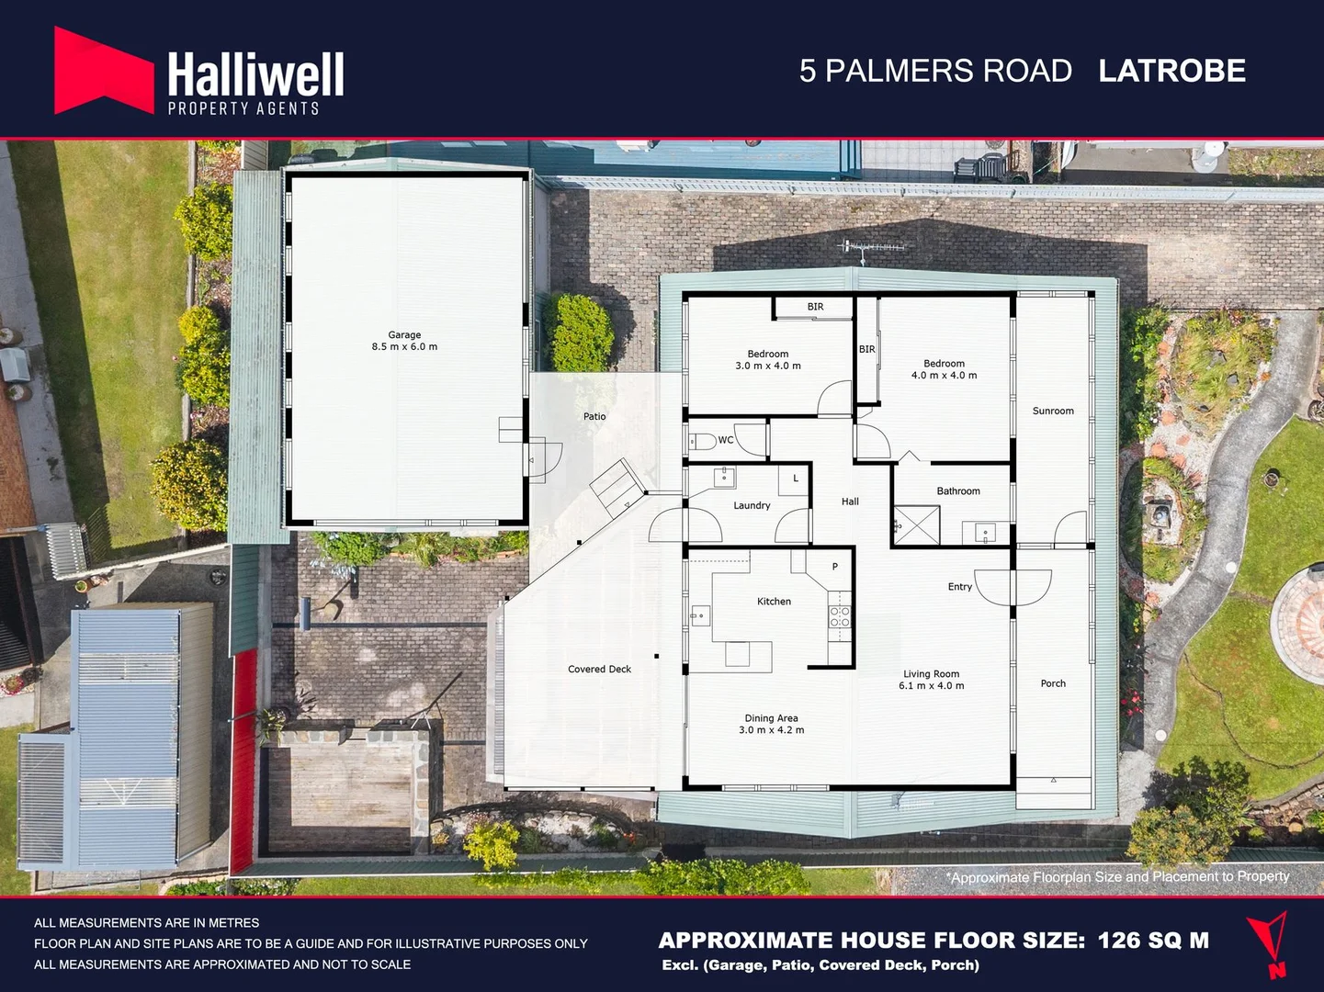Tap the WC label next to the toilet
click(726, 440)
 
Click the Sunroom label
click(1053, 411)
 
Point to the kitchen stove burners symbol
click(840, 616)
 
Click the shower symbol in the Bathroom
click(917, 526)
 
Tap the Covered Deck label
click(599, 669)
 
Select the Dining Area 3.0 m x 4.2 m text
click(771, 724)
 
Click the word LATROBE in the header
click(1171, 71)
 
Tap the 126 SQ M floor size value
click(1153, 940)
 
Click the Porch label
click(1053, 683)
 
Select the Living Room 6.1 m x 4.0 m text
click(931, 680)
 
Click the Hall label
click(850, 502)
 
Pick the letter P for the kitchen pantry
click(835, 567)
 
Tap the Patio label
click(594, 416)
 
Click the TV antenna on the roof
click(874, 247)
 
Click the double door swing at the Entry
click(1013, 587)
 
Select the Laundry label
click(752, 505)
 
